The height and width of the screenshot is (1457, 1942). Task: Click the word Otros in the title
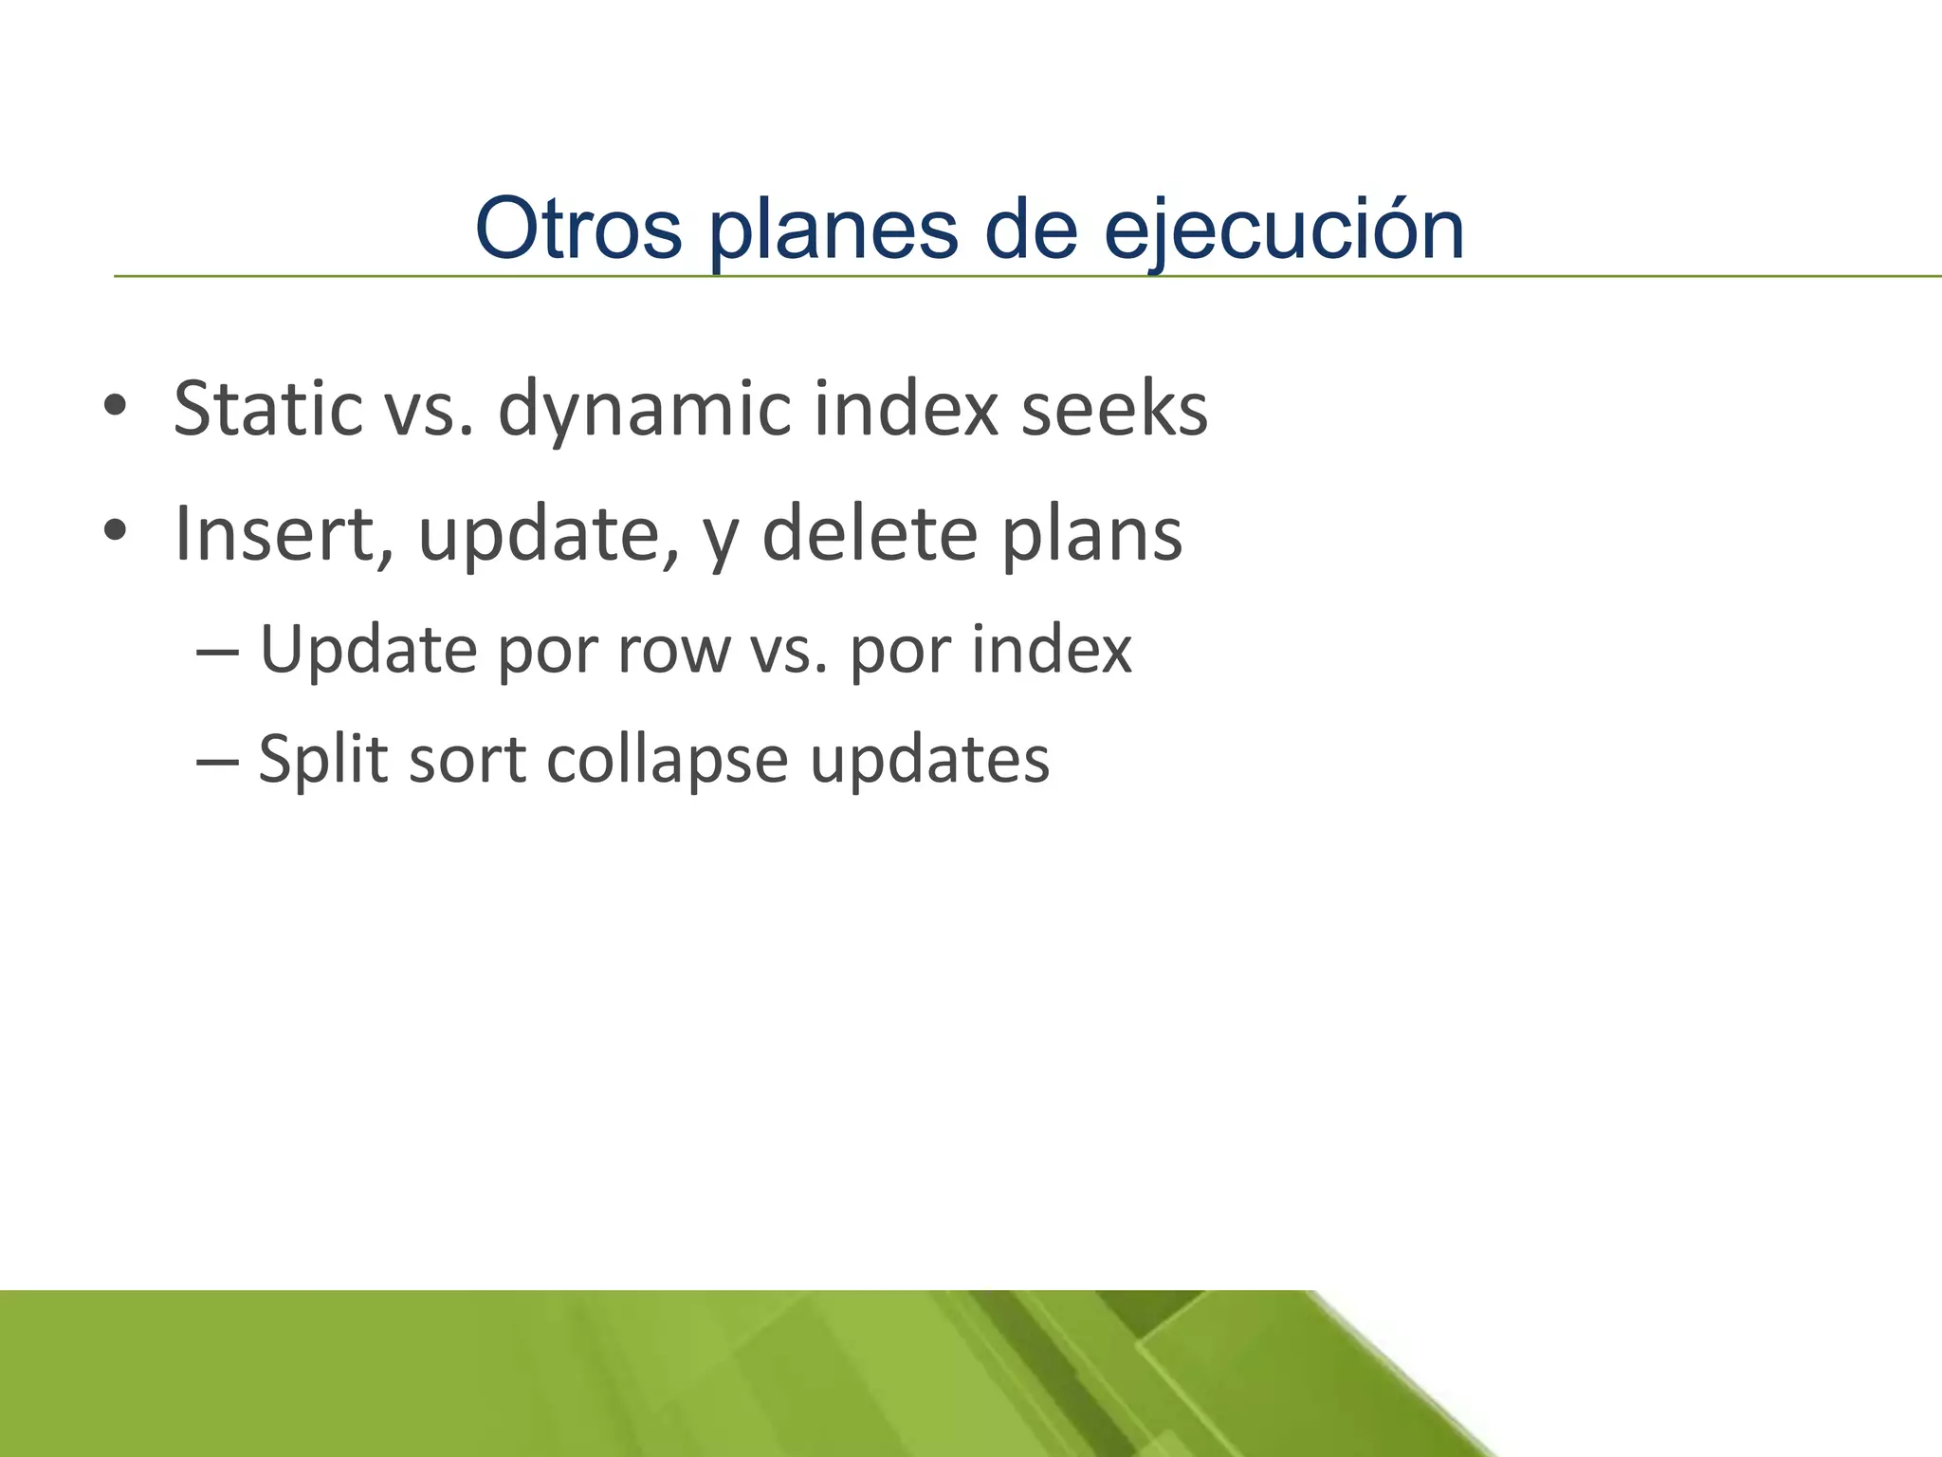(x=578, y=229)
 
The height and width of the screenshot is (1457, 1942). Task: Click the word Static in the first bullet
(x=268, y=409)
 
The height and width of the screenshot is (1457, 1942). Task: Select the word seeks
(x=1114, y=409)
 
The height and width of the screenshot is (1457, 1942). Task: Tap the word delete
(x=870, y=534)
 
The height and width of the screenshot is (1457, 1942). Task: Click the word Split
(x=323, y=761)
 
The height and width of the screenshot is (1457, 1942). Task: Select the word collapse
(x=667, y=761)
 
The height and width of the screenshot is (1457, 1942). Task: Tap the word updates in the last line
(x=929, y=761)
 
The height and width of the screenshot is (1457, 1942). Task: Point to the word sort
(x=467, y=761)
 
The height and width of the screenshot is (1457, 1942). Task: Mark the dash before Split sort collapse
(x=217, y=761)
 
